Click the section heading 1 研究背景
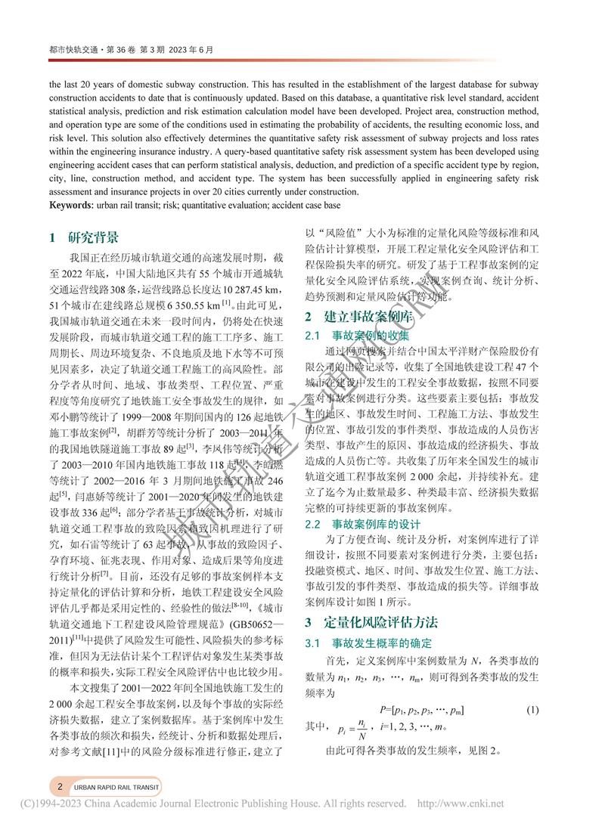[x=84, y=237]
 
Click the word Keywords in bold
[x=73, y=206]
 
